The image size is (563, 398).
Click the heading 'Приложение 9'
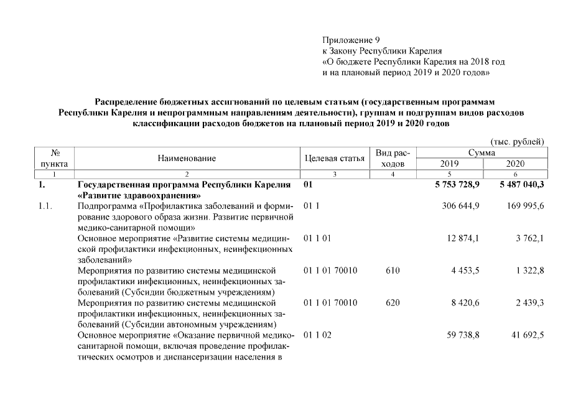coord(351,40)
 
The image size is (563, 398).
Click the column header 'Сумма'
coord(482,152)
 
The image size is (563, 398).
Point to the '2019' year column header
coord(449,164)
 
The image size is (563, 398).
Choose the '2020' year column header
coord(516,164)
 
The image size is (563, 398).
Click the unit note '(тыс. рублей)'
coord(518,141)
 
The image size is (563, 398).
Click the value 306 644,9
coord(460,206)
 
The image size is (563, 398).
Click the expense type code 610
coord(393,271)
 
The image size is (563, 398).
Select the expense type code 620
coord(393,303)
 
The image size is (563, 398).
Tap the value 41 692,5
coord(526,335)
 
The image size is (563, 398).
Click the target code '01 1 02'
coord(317,335)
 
